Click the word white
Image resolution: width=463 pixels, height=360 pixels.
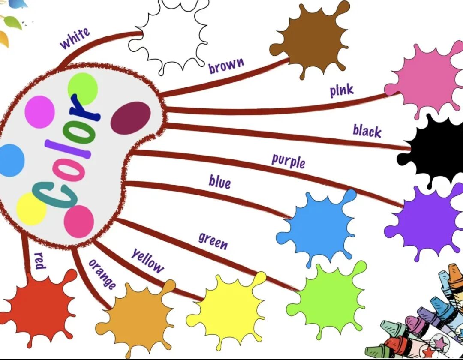[75, 38]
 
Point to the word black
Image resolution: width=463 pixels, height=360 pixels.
[367, 131]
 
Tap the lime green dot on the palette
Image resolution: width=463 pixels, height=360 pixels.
[83, 88]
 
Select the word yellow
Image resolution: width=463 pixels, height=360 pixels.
[147, 261]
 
